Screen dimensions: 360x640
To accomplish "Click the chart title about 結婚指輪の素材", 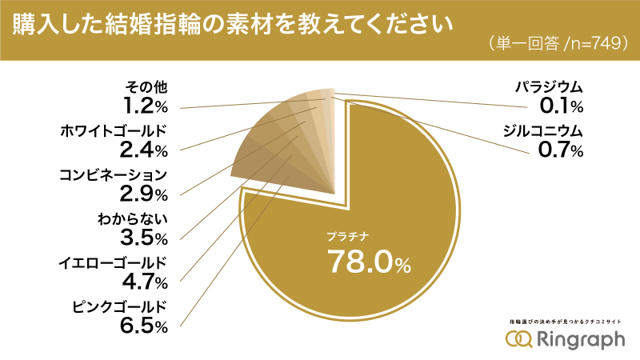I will coord(229,23).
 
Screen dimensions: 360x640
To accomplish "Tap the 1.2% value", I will coord(145,106).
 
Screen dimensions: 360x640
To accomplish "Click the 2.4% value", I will coord(145,150).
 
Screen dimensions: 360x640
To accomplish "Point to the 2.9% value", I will coord(145,194).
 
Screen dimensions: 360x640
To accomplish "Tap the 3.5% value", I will coord(145,238).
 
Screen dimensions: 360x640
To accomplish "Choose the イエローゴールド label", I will coord(111,262).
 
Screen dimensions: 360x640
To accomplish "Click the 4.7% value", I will coord(145,282).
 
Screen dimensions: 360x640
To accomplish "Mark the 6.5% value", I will coord(145,326).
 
